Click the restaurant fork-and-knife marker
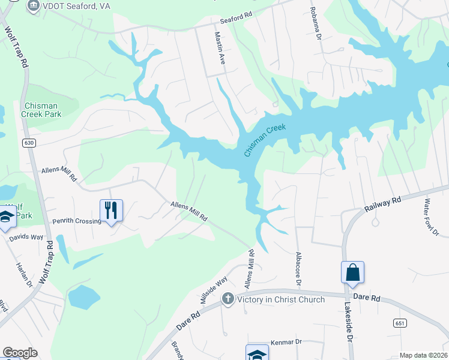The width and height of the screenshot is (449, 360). [x=111, y=211]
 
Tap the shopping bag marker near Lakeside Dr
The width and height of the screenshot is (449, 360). [x=352, y=273]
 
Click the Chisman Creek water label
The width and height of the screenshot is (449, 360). [x=265, y=141]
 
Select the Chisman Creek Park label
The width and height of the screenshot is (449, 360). [x=40, y=109]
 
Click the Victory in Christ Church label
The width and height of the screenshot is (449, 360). [x=281, y=299]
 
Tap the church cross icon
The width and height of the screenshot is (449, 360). [x=228, y=299]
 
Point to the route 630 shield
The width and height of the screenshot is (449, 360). [x=28, y=143]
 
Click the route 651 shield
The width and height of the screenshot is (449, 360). [x=401, y=323]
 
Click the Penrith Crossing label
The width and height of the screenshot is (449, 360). [x=76, y=221]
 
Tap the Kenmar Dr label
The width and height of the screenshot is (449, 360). [x=285, y=341]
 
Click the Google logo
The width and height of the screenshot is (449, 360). [x=20, y=353]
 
